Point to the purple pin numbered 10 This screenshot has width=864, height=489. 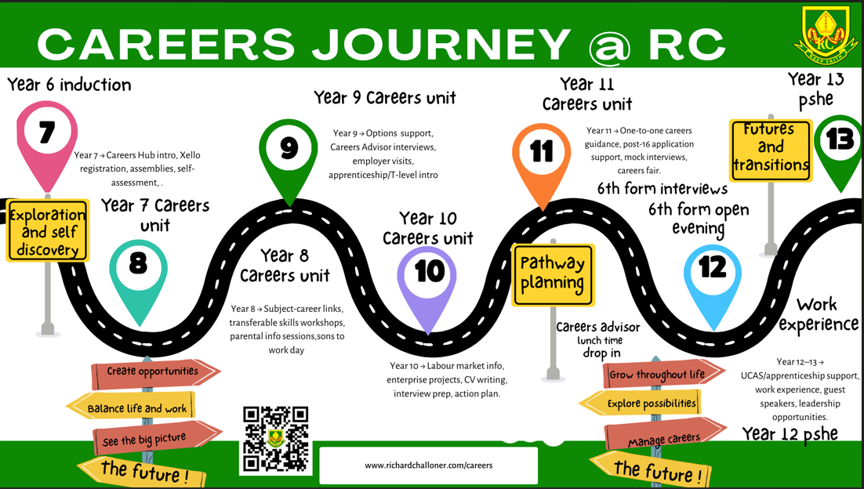click(427, 280)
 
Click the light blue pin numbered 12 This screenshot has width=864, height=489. click(713, 278)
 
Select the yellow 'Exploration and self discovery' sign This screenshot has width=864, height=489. click(47, 230)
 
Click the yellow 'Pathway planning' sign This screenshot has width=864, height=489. click(553, 274)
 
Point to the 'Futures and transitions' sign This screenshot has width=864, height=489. click(771, 150)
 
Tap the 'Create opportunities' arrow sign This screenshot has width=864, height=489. click(155, 373)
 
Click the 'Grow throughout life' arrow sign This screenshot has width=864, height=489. click(663, 375)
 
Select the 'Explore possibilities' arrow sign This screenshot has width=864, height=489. click(641, 403)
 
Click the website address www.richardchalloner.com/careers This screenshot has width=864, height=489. click(429, 465)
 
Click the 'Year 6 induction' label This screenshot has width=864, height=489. click(70, 85)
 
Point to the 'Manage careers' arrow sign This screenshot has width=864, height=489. click(665, 436)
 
